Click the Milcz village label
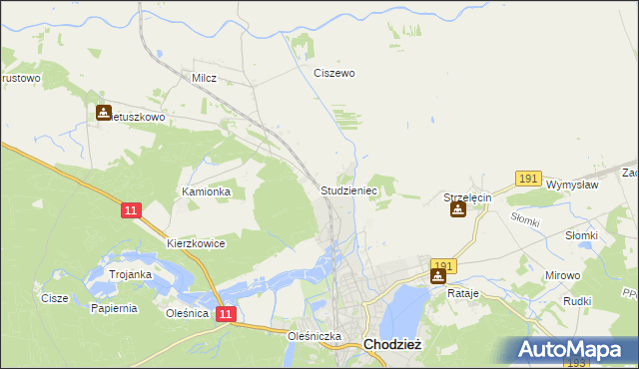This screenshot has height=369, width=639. [x=204, y=77]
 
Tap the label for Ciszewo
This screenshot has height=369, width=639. [x=334, y=73]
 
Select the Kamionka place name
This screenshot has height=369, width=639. [x=206, y=191]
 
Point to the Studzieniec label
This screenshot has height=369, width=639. [x=348, y=188]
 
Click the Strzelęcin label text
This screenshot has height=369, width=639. [x=468, y=198]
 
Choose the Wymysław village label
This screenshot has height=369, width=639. [x=572, y=184]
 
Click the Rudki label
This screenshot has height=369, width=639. [x=578, y=301]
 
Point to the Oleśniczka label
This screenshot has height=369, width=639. [x=315, y=336]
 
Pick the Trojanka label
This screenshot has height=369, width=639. [x=130, y=274]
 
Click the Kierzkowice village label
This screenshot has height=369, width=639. [x=196, y=243]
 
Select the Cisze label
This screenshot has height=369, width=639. [x=54, y=297]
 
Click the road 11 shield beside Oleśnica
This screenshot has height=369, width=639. [x=227, y=314]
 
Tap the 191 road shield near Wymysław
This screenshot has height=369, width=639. [x=529, y=179]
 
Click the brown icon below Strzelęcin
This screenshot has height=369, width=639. [x=457, y=211]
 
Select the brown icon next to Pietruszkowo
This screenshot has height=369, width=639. [x=104, y=113]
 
